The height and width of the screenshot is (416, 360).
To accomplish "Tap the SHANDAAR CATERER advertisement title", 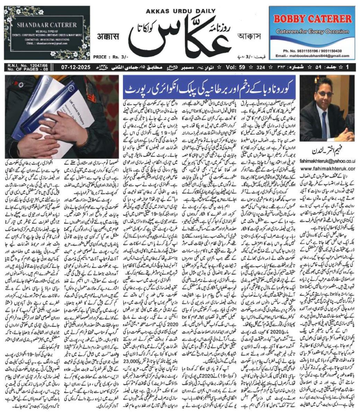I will point(46,25).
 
